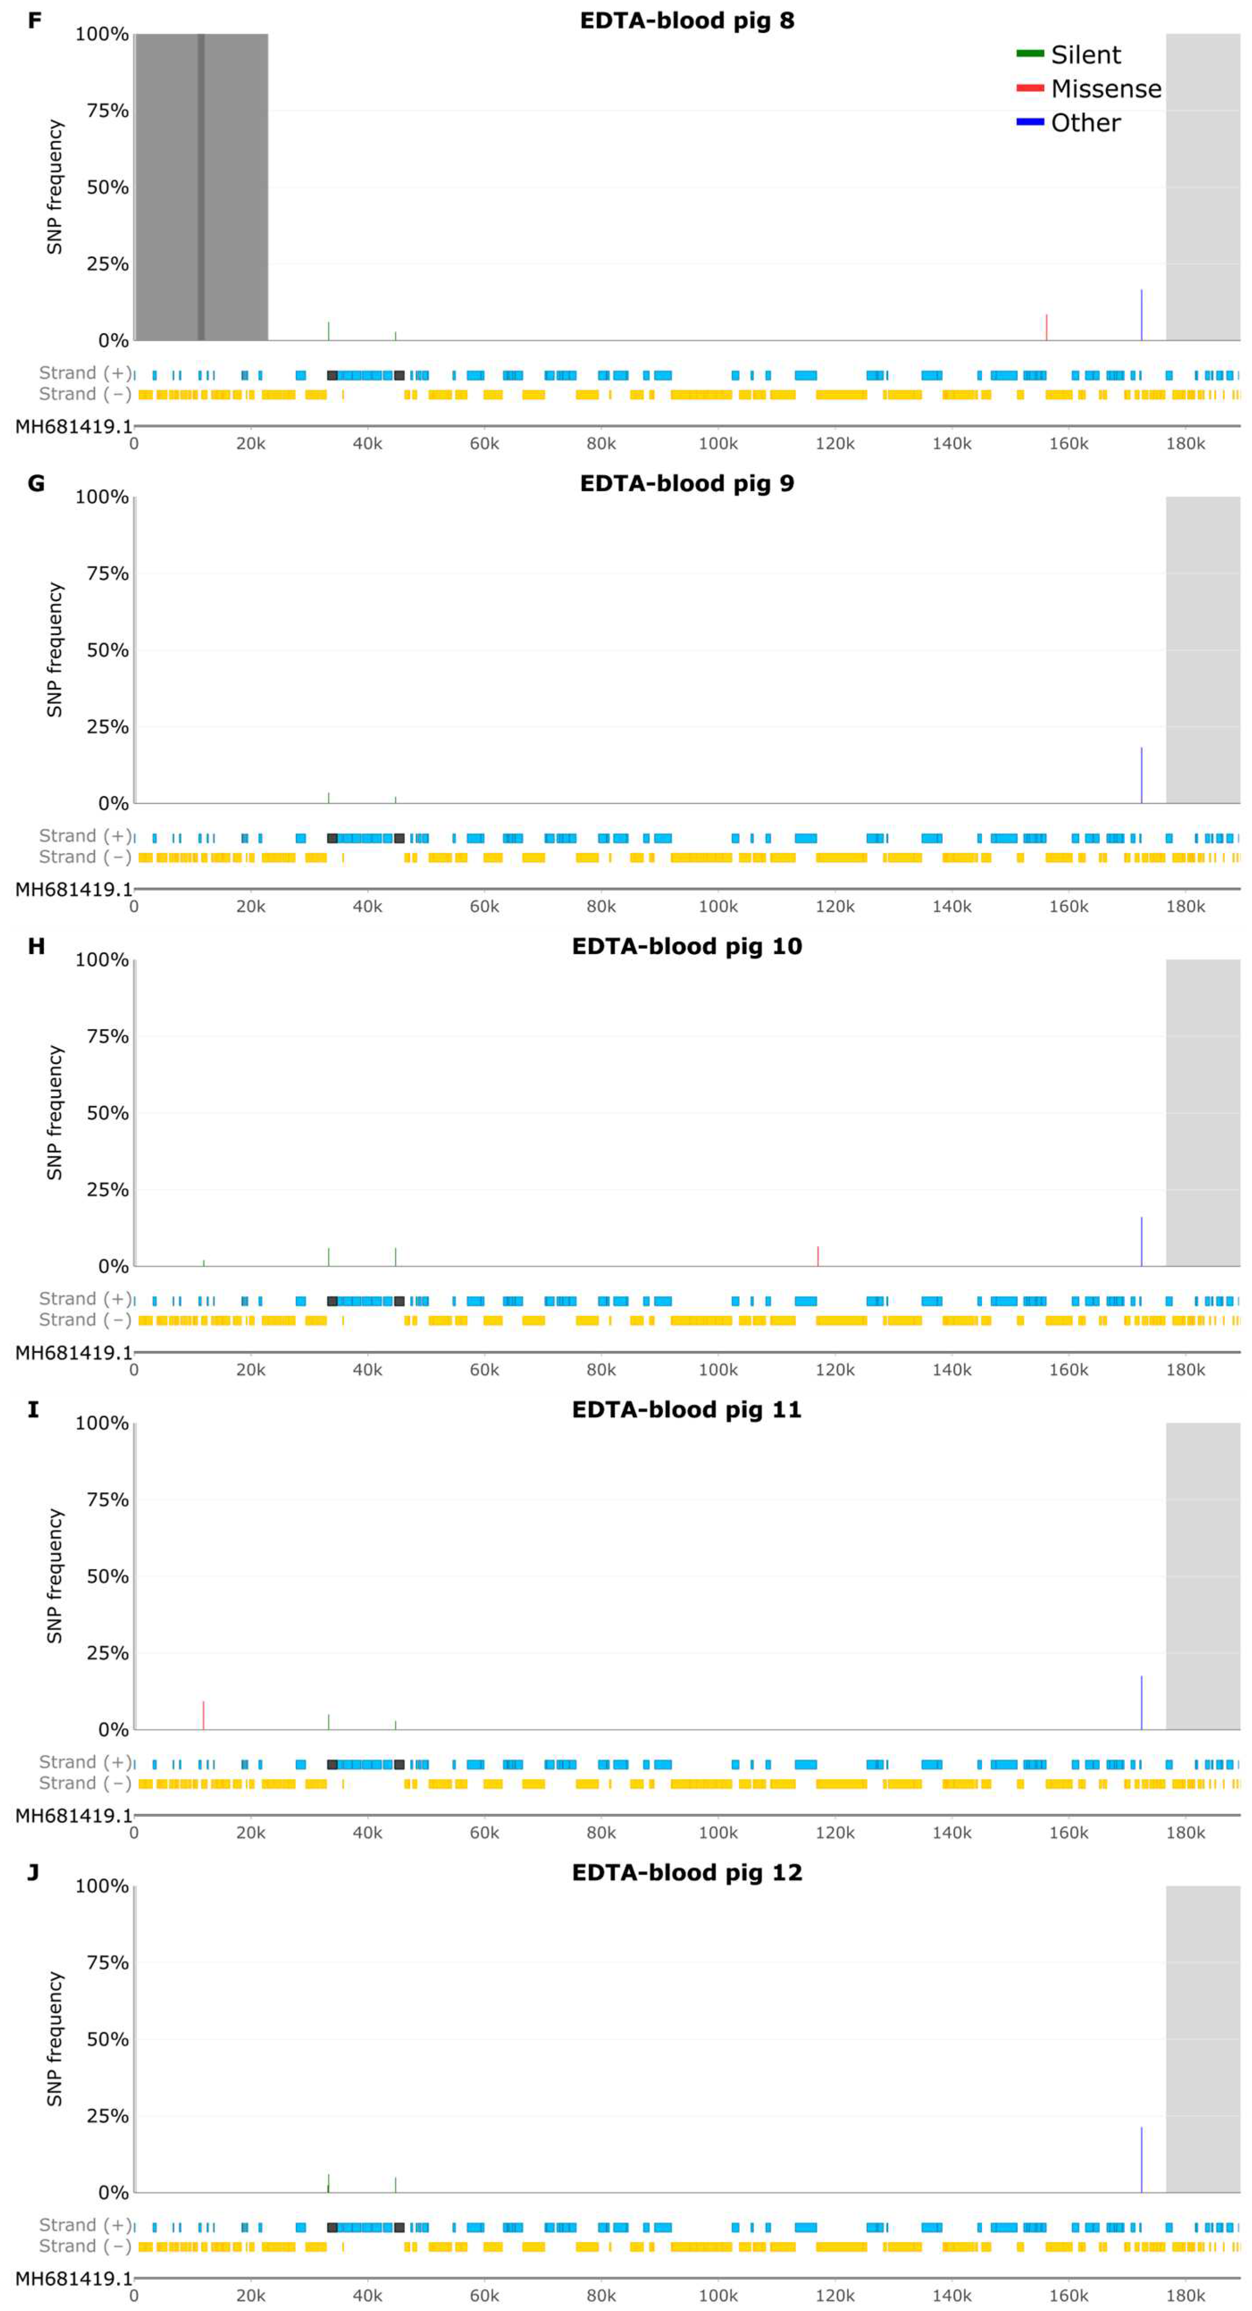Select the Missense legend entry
click(1105, 89)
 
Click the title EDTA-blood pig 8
click(687, 21)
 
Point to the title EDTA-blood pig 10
click(687, 946)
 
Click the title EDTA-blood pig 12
click(687, 1872)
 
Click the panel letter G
click(36, 484)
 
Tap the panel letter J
click(33, 1872)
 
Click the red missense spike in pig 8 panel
click(1047, 327)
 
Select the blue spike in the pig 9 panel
click(1142, 776)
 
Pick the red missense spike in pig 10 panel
click(818, 1256)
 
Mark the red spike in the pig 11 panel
click(204, 1715)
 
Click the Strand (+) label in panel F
click(84, 373)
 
